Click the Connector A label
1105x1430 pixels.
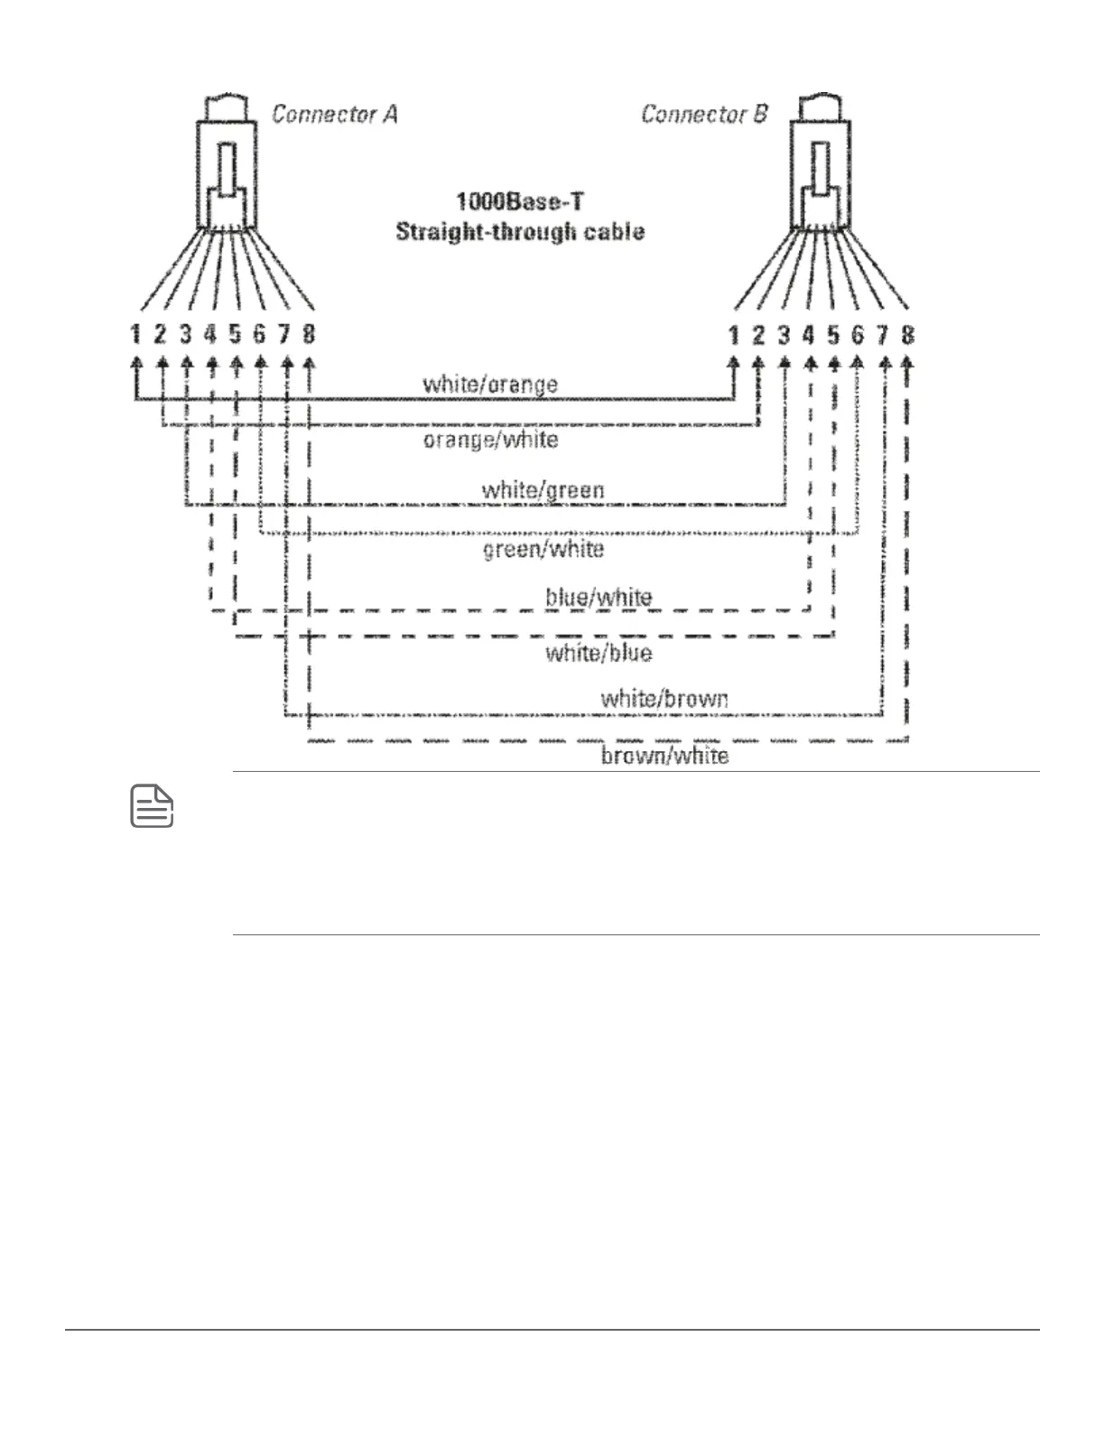334,115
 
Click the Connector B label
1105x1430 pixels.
704,115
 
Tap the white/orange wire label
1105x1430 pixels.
490,385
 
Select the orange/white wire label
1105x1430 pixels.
490,440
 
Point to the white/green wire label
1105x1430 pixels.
543,490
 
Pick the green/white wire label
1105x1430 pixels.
543,549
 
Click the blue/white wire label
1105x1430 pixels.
599,597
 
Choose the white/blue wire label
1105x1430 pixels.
599,652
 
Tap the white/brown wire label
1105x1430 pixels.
664,698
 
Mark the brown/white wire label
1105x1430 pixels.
664,755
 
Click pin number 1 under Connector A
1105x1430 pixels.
135,335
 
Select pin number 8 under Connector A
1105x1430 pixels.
309,335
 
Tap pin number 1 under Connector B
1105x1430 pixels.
734,336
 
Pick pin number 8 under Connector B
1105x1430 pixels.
907,336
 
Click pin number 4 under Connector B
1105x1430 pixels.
809,336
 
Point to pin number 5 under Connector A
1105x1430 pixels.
235,335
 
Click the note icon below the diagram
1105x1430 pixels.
153,807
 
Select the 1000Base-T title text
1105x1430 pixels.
519,200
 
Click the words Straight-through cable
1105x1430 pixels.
520,232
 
